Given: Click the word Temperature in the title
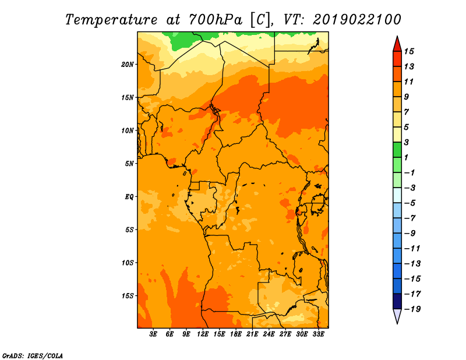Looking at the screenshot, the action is pos(111,20).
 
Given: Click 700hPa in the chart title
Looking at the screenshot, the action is pos(211,20).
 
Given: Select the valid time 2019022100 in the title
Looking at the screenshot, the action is pos(357,20).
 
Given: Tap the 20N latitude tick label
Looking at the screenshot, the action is pos(128,65).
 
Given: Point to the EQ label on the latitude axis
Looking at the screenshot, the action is pos(129,197).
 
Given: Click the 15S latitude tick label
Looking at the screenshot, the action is pos(128,296).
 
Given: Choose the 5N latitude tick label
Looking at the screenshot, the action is pos(129,164).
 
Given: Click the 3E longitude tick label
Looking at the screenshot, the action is pos(153,334).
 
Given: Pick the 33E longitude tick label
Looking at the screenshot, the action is pos(318,334).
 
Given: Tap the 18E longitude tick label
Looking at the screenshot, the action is pos(236,334).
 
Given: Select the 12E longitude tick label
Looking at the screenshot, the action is pos(203,334).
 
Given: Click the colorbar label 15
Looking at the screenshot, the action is pos(409,51).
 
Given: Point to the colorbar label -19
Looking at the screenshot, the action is pos(412,309).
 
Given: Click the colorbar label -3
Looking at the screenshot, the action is pos(410,188).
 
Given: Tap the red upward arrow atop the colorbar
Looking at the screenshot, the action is pos(397,44).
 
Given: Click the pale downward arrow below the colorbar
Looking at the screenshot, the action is pos(397,316).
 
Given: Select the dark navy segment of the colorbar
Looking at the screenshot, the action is pos(397,301).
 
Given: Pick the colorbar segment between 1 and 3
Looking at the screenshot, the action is pos(397,150).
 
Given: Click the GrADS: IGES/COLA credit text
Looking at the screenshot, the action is pos(33,356).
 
